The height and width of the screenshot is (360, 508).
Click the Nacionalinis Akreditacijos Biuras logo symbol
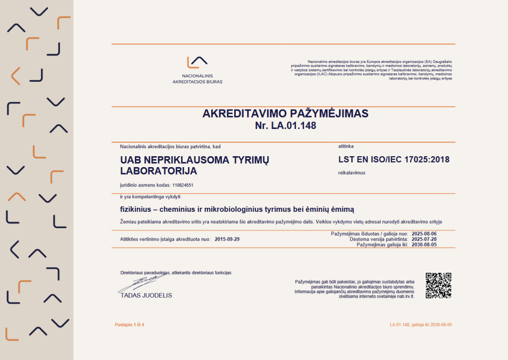[197, 62]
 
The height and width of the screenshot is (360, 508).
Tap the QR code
[439, 285]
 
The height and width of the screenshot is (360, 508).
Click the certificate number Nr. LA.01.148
[285, 126]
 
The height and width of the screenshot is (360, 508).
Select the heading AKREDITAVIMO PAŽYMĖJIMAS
[285, 114]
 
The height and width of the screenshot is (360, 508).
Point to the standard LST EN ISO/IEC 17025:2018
[393, 160]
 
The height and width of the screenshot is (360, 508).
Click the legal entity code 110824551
[183, 185]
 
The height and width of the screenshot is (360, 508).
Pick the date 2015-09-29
[227, 239]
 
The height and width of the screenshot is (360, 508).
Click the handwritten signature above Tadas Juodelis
[141, 283]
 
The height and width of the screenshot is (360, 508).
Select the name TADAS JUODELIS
[146, 295]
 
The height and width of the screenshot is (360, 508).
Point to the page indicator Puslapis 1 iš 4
[129, 324]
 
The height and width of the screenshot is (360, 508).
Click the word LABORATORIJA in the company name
[159, 171]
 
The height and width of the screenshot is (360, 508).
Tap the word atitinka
[346, 147]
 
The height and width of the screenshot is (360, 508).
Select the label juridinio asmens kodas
[145, 185]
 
